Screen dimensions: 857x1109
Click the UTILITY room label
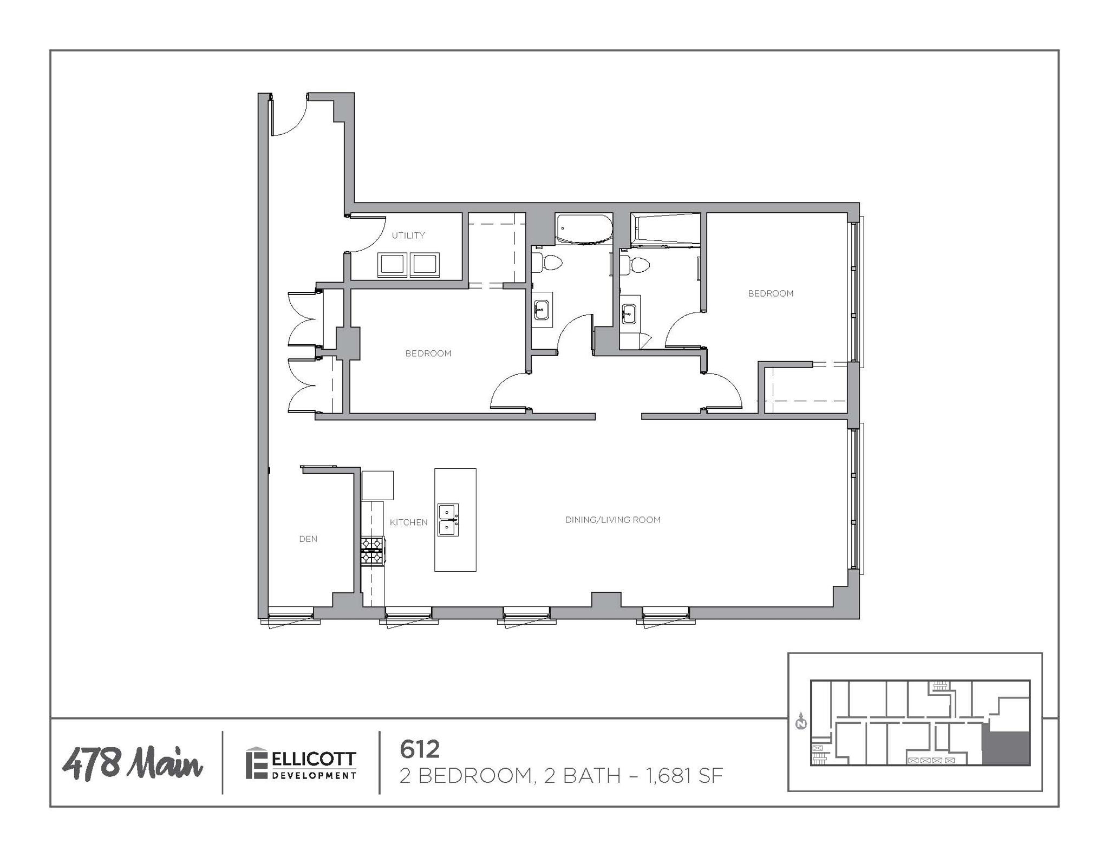tap(408, 235)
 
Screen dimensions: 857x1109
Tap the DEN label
tap(308, 539)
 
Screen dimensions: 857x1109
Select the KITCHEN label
tap(409, 522)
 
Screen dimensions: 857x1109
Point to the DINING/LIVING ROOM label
tap(612, 520)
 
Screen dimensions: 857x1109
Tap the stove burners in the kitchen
tap(372, 550)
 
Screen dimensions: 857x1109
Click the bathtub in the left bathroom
tap(584, 229)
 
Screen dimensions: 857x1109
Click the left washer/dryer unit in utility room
tap(393, 265)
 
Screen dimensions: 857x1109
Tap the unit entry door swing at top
tap(290, 116)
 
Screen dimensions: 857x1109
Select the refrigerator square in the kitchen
tap(377, 485)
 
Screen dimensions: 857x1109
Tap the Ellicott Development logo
tap(301, 764)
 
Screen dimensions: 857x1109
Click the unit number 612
tap(419, 749)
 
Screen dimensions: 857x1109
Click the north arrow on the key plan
tap(801, 722)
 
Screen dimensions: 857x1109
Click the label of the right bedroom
tap(771, 293)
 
